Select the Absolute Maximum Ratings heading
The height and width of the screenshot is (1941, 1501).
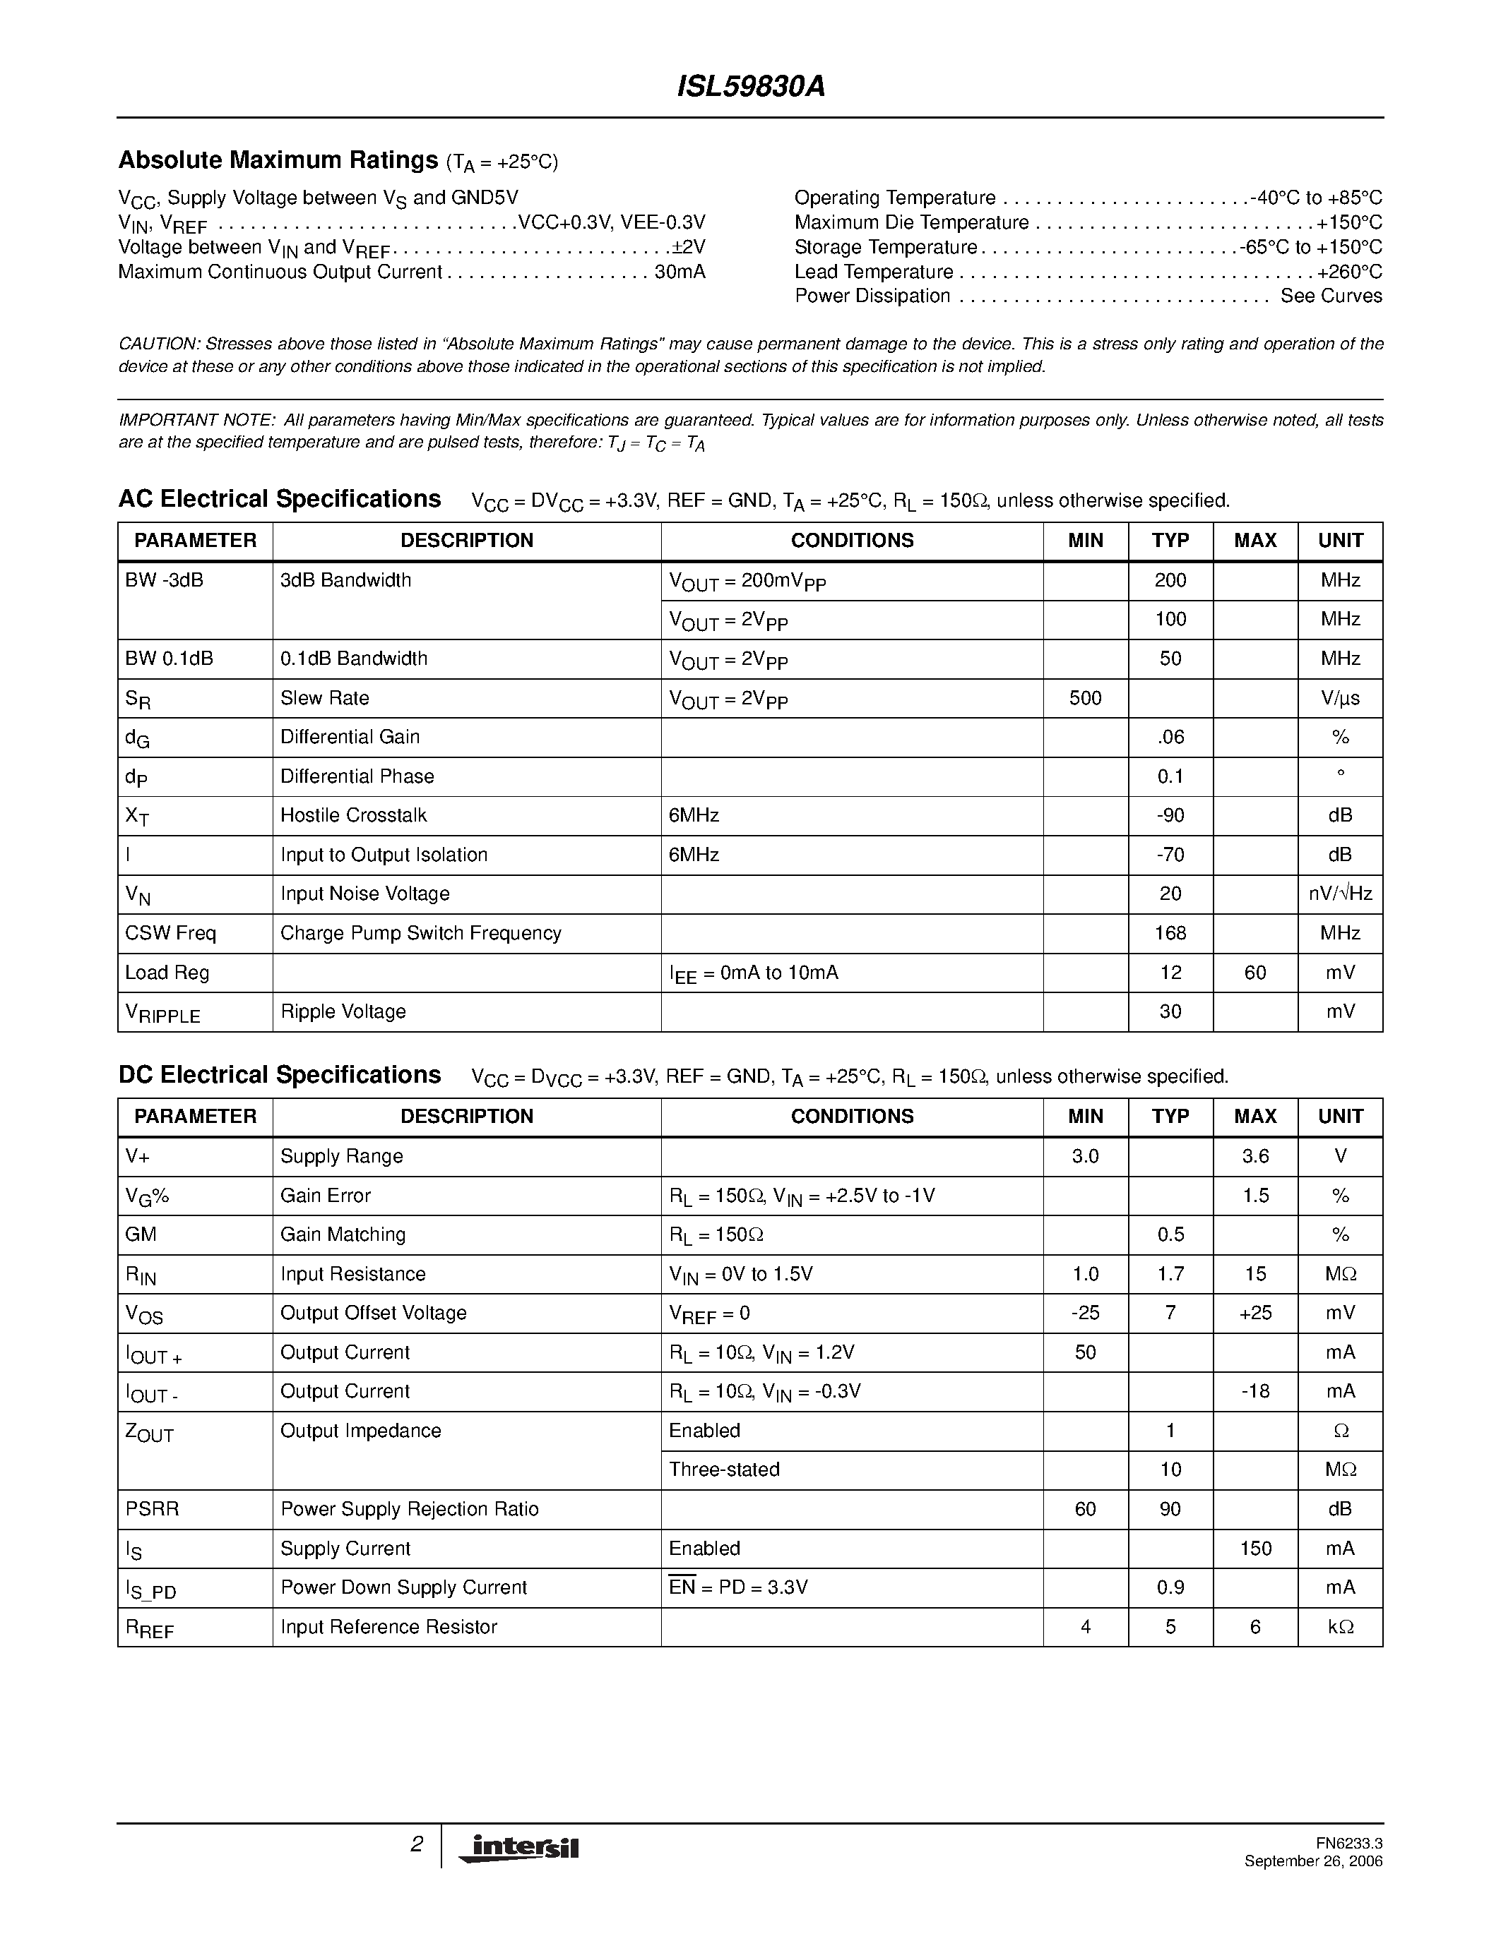(278, 160)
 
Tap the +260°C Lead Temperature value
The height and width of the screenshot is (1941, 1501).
(1349, 272)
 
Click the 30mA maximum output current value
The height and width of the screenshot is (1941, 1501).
(680, 272)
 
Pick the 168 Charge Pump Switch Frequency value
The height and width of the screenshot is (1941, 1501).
(1170, 933)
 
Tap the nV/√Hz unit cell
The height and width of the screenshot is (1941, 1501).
(1339, 894)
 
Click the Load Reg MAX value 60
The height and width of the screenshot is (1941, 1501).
(1254, 973)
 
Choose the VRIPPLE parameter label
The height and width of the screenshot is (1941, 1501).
(162, 1013)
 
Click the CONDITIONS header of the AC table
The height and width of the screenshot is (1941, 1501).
(851, 541)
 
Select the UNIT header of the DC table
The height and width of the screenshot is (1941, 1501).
(1339, 1117)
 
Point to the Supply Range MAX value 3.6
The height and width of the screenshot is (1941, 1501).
(1254, 1156)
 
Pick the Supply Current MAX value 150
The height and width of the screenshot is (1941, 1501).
(1254, 1548)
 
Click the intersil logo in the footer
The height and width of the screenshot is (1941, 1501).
(518, 1847)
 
